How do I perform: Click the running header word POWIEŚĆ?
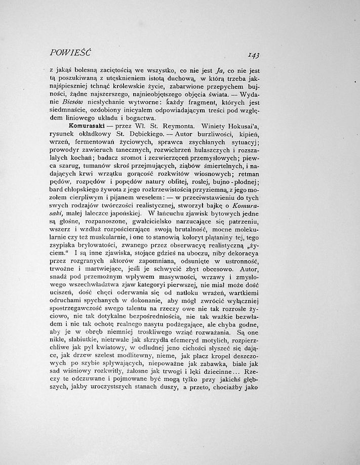(x=70, y=53)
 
